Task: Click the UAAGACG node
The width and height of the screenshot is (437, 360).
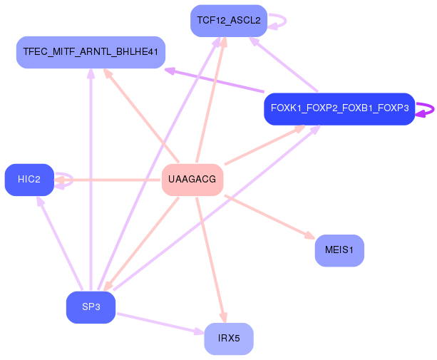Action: point(192,180)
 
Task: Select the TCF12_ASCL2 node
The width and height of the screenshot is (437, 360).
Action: point(229,21)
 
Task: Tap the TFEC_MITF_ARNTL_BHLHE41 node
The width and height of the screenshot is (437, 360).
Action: point(91,52)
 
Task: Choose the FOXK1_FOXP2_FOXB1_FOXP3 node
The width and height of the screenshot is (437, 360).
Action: point(340,109)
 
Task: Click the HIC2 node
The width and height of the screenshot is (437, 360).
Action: point(29,180)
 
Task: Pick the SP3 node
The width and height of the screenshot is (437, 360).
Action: point(91,307)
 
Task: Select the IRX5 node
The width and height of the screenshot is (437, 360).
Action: point(229,339)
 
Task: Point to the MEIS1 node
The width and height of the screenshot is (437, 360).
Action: point(339,250)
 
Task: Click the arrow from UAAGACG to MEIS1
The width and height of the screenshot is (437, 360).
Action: point(269,217)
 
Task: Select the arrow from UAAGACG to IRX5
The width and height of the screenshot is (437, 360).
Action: point(211,260)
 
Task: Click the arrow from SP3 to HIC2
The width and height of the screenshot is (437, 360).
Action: point(60,243)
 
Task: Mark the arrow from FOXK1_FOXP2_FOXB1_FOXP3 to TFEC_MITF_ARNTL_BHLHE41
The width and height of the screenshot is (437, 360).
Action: point(214,80)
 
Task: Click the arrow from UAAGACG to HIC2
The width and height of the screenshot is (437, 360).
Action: point(108,180)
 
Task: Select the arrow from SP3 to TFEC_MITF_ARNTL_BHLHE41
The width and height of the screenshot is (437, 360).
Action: point(91,179)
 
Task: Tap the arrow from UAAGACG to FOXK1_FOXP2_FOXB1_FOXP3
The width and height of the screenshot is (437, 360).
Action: point(265,145)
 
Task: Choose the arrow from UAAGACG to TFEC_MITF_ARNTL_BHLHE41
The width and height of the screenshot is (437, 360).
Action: point(141,115)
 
